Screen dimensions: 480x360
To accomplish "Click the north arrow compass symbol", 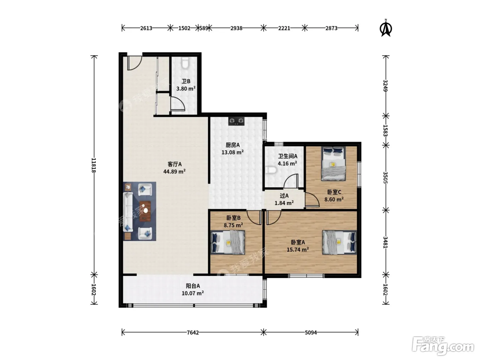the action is (386, 28).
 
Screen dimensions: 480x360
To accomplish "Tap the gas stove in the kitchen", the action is (236, 121).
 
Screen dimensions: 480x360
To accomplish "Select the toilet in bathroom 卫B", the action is (185, 63).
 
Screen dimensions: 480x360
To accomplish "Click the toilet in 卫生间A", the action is (272, 170).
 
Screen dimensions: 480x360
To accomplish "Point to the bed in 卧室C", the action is (333, 164).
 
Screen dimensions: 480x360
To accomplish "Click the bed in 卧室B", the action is (228, 242).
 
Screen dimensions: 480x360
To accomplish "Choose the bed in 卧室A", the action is (339, 242).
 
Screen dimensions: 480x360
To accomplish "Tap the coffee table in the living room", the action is (145, 211).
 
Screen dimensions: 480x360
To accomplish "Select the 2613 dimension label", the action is (146, 28).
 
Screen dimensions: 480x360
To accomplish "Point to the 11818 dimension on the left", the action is (94, 165).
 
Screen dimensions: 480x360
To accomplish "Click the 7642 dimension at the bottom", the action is (193, 333).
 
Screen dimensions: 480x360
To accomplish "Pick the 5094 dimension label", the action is (311, 333).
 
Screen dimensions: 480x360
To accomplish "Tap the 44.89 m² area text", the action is (174, 171).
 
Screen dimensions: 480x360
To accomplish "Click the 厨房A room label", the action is (233, 145).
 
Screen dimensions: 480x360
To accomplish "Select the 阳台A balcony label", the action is (193, 286).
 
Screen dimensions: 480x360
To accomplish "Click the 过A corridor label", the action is (284, 196).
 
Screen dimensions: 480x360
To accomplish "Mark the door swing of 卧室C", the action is (312, 200).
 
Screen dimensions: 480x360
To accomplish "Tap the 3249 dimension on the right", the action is (386, 86).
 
